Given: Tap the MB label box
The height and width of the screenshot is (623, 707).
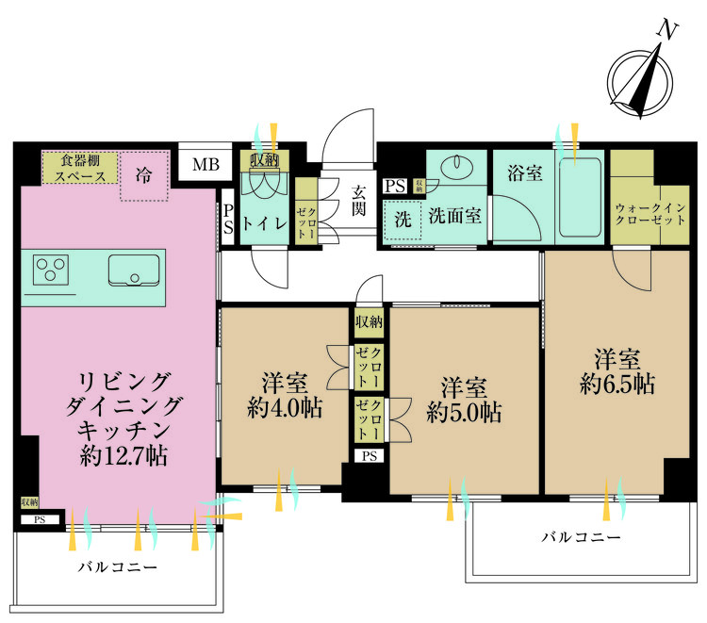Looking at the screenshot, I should tap(205, 166).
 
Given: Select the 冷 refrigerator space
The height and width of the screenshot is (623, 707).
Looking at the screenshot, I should tap(142, 175).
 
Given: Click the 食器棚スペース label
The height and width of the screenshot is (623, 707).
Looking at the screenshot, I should tap(79, 168).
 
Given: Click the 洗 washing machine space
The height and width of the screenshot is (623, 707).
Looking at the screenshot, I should tap(403, 219).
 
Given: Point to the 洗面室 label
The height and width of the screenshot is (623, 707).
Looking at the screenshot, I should tap(457, 216).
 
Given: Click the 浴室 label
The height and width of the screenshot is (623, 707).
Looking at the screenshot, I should tap(524, 173).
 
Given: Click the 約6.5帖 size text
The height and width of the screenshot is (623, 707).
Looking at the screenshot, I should tap(617, 385).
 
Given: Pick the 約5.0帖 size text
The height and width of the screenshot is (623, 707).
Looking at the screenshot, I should tap(464, 412).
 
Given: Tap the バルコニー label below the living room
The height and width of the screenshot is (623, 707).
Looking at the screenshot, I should tap(117, 567).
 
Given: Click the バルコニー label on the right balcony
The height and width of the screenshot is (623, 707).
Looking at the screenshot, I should tap(581, 537).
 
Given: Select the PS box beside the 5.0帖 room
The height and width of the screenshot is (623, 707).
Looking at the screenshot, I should tap(369, 456).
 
